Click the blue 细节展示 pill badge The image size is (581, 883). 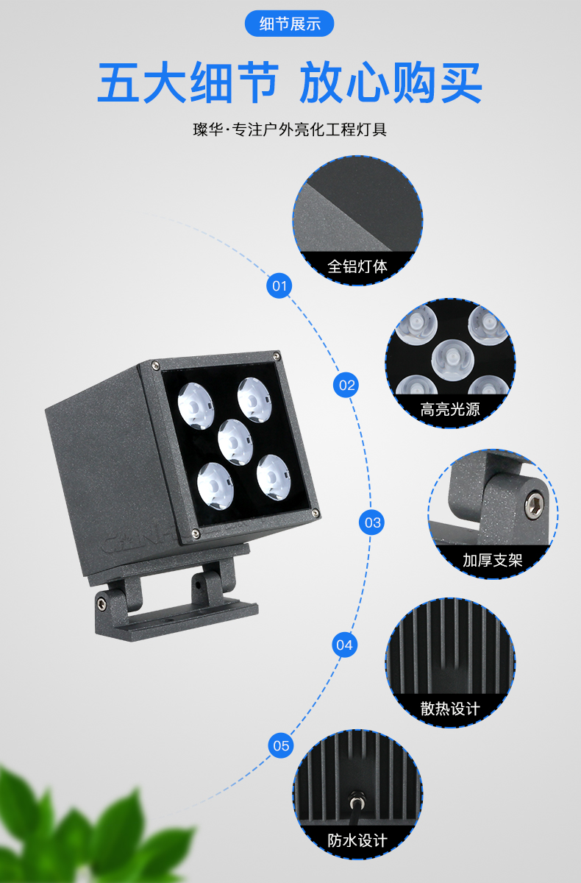click(290, 24)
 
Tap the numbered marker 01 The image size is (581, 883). click(279, 286)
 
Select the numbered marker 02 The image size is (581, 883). click(346, 385)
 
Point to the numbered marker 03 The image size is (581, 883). click(372, 522)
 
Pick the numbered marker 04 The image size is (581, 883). click(345, 645)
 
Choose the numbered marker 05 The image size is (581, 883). click(281, 746)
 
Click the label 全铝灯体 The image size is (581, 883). click(357, 266)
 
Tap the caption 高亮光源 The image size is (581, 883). click(450, 409)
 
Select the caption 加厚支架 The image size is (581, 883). click(493, 560)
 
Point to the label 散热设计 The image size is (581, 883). click(450, 709)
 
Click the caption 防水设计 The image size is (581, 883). click(357, 840)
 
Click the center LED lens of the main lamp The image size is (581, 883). click(235, 442)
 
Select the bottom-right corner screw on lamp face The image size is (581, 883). click(316, 513)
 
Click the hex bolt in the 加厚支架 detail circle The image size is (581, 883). click(535, 504)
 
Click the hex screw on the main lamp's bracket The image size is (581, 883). click(101, 603)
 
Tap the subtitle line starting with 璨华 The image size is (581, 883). click(290, 130)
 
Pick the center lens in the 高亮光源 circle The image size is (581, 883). click(452, 359)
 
